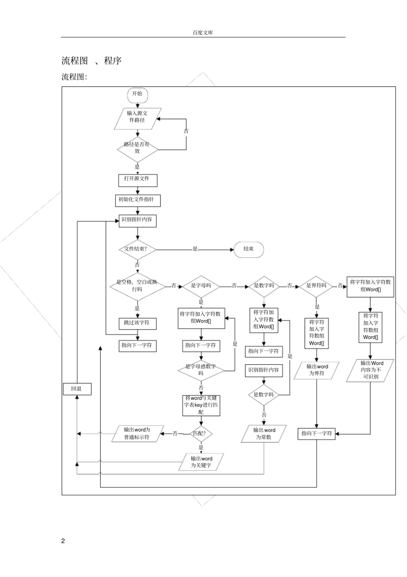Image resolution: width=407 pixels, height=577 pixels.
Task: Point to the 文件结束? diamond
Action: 137,249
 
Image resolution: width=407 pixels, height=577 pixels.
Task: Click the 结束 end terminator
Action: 248,249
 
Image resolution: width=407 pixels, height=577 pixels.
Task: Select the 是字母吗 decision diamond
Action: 201,286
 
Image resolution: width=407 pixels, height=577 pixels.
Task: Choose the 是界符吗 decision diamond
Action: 316,286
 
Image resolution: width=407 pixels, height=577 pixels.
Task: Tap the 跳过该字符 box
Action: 137,323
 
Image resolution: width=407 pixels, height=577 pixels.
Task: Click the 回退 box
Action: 77,389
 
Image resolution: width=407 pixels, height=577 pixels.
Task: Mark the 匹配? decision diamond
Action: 201,434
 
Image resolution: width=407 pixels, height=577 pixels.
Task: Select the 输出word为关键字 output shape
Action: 201,462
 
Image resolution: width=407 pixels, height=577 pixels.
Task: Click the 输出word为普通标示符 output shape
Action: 137,434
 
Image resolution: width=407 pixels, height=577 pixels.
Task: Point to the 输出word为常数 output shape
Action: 264,434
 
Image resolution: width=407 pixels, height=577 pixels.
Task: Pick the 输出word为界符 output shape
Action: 317,370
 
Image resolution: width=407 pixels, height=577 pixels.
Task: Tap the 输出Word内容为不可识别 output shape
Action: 371,370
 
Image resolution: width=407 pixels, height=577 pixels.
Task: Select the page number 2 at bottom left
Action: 63,541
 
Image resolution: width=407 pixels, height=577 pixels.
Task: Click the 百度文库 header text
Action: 203,33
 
